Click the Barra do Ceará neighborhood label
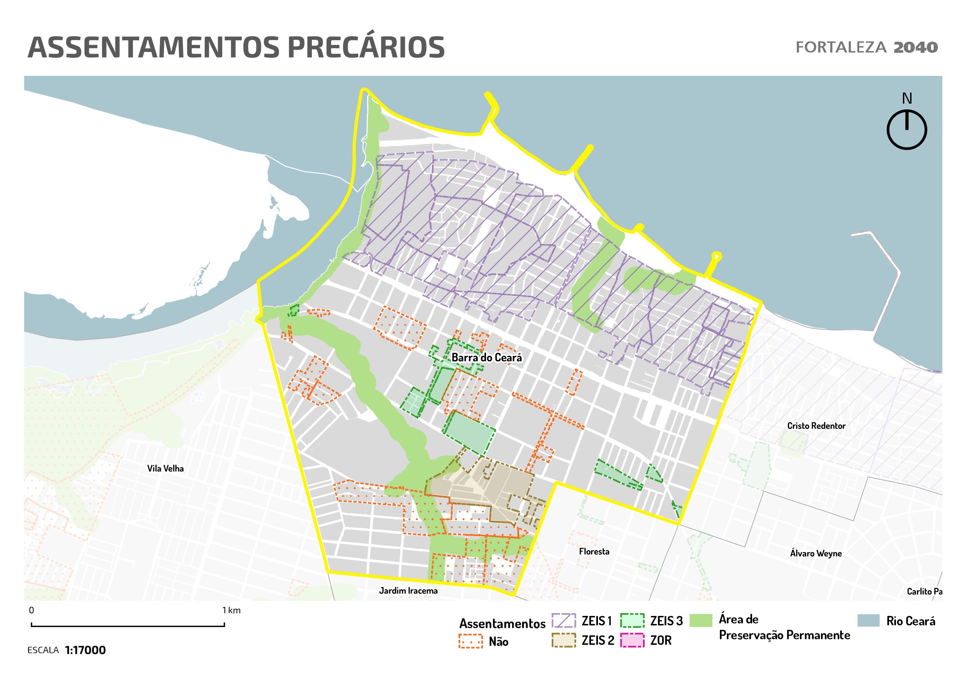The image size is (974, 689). point(487,358)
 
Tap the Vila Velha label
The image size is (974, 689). point(166,468)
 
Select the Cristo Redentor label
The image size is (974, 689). point(816,426)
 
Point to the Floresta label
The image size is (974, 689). point(594,551)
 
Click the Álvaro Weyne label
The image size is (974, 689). point(816,553)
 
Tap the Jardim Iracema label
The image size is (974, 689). point(408,591)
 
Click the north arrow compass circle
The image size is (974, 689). point(907,129)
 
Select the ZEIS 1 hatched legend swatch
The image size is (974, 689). point(564,621)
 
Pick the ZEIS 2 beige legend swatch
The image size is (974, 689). point(564,640)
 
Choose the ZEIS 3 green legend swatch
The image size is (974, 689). point(632,621)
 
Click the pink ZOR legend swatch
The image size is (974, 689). point(632,640)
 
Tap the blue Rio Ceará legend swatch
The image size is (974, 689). point(868,621)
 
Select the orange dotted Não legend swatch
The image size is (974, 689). point(470,641)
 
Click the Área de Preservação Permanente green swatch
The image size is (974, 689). point(701,621)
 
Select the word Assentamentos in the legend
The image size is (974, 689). point(502,624)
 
